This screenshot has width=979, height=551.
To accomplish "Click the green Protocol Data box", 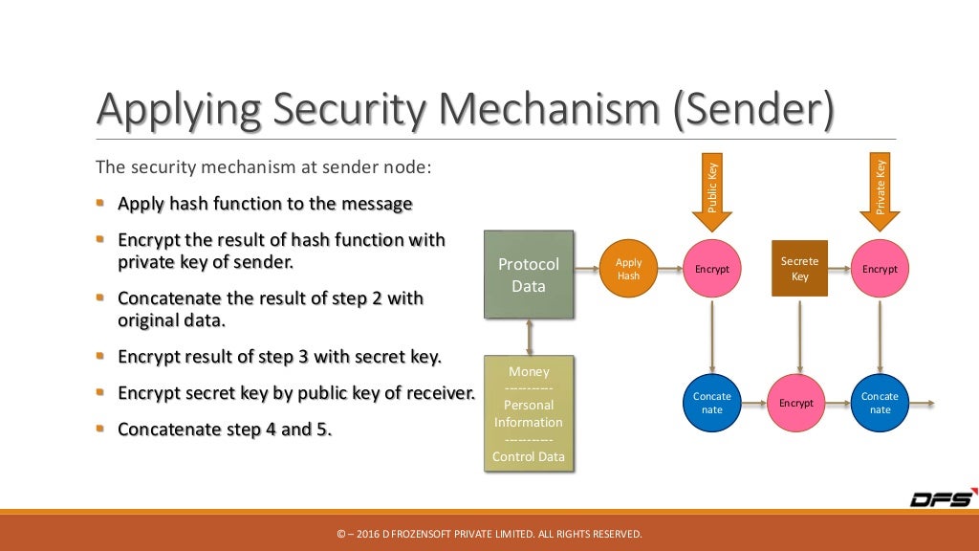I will pyautogui.click(x=529, y=274).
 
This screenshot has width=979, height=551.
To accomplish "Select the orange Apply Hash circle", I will pyautogui.click(x=628, y=269).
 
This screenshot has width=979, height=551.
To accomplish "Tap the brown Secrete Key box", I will pyautogui.click(x=799, y=269).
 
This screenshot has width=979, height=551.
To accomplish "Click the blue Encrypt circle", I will pyautogui.click(x=795, y=403).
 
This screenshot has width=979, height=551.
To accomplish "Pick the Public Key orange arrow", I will pyautogui.click(x=711, y=196).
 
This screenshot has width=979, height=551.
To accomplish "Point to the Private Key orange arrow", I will pyautogui.click(x=880, y=196).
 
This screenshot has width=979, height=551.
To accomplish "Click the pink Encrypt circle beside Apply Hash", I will pyautogui.click(x=711, y=269).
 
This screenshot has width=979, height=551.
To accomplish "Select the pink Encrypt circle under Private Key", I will pyautogui.click(x=880, y=269).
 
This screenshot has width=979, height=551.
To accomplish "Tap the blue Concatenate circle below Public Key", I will pyautogui.click(x=711, y=403).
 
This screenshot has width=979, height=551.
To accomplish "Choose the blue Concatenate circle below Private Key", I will pyautogui.click(x=880, y=403).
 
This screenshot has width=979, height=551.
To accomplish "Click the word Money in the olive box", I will pyautogui.click(x=529, y=371).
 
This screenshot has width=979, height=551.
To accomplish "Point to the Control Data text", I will pyautogui.click(x=529, y=456).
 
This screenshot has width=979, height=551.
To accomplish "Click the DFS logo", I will pyautogui.click(x=941, y=498).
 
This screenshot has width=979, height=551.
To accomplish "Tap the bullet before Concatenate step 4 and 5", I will pyautogui.click(x=101, y=429).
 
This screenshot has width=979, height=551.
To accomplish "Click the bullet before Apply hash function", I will pyautogui.click(x=101, y=203).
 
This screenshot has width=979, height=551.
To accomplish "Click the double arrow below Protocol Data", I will pyautogui.click(x=529, y=337).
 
